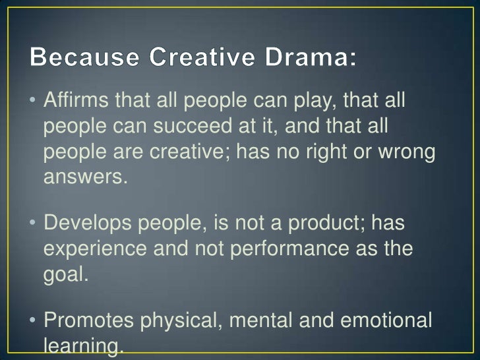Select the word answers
pyautogui.click(x=84, y=176)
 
